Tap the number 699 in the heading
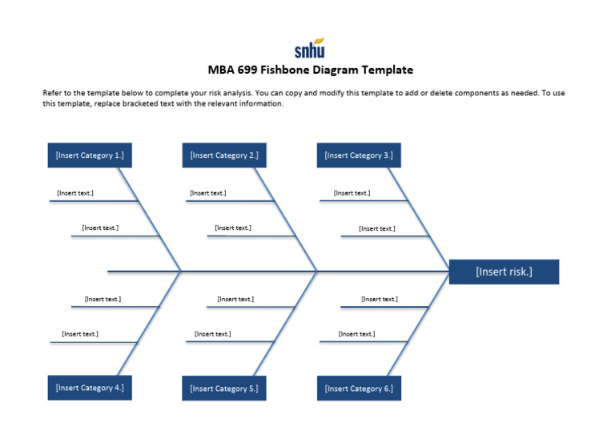249,70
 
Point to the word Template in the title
386,70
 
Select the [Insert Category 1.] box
90,155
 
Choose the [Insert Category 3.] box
359,155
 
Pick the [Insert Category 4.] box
90,388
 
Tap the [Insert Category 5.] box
224,389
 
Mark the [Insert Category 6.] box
359,389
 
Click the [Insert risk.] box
504,272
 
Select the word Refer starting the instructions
53,93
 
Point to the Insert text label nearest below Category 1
75,193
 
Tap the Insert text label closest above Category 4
80,334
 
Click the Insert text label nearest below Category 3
352,193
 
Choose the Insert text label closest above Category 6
356,334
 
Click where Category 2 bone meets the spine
317,272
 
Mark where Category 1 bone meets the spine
181,272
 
